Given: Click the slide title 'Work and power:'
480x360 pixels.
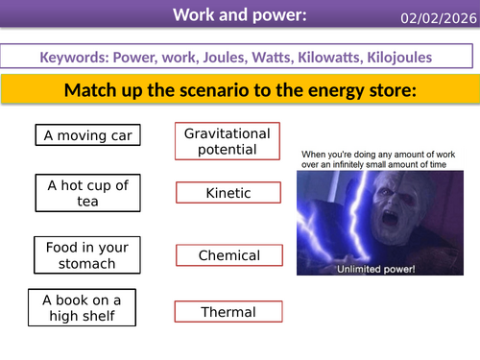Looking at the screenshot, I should click(x=227, y=14).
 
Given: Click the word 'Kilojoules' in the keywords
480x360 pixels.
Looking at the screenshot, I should click(x=397, y=58).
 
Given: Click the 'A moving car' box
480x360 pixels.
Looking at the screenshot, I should click(x=86, y=135).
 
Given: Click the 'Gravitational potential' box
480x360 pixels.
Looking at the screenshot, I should click(x=228, y=141).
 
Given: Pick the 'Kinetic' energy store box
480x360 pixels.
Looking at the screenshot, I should click(x=228, y=193).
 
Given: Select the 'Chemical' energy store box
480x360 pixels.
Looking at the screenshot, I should click(x=229, y=255).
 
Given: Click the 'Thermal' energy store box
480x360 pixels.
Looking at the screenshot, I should click(x=228, y=312).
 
